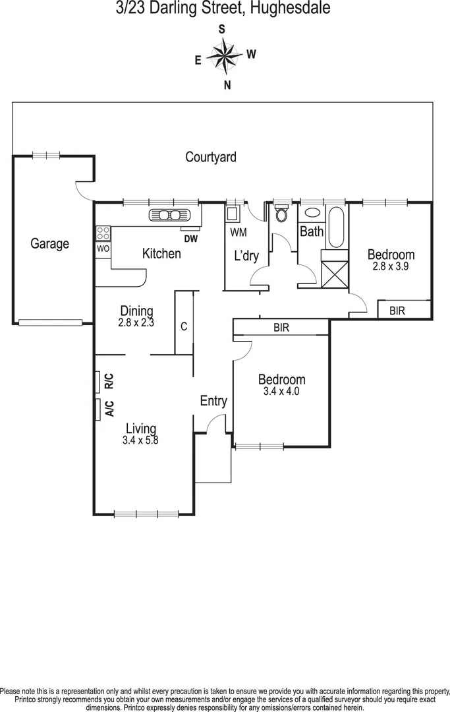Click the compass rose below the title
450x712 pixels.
[225, 57]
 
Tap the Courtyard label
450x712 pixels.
[210, 158]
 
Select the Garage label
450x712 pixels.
[49, 244]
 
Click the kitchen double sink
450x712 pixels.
[170, 215]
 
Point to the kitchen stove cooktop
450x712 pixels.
[103, 232]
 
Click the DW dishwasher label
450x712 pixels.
[192, 239]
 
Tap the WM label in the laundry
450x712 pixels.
[238, 232]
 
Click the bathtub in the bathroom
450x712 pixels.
[335, 227]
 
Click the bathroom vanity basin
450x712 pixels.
[312, 214]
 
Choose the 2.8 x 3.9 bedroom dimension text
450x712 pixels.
[391, 266]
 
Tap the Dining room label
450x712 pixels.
[136, 311]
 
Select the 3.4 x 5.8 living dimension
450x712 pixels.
[141, 441]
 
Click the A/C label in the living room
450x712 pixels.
[109, 409]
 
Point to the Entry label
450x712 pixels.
[213, 401]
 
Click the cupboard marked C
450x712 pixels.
[184, 326]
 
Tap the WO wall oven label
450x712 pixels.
[103, 249]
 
